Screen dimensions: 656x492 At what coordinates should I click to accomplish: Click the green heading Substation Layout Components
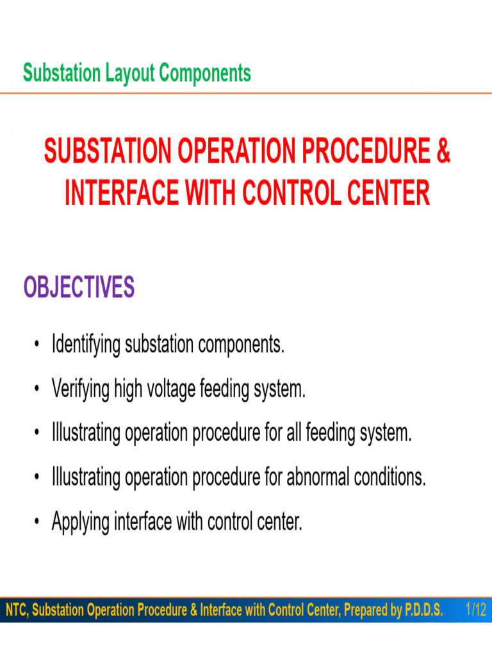pos(136,74)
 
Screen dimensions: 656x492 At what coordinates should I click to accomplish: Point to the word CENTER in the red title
pos(388,193)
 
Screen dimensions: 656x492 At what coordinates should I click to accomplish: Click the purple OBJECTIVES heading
pos(79,288)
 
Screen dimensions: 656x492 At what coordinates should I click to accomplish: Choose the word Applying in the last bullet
pos(81,522)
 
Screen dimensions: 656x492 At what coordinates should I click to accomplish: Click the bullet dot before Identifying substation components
pos(37,346)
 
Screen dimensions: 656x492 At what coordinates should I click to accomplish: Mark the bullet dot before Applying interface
pos(37,523)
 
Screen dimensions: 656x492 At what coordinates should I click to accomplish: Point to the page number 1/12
pos(476,610)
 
